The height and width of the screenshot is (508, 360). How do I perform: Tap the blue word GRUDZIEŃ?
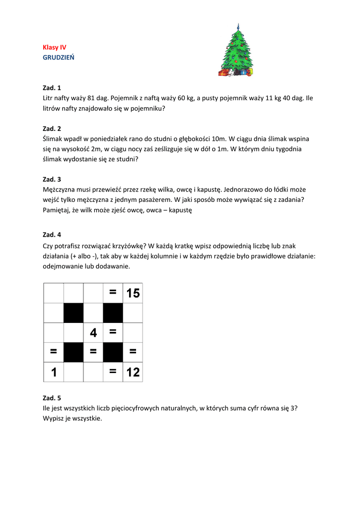pyautogui.click(x=59, y=58)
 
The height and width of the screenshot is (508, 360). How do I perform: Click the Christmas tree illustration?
pyautogui.click(x=236, y=51)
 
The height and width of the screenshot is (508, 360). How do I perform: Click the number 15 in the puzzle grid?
pyautogui.click(x=133, y=293)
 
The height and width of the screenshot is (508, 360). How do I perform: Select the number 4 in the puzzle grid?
pyautogui.click(x=93, y=333)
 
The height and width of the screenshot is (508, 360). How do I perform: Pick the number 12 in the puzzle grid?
pyautogui.click(x=133, y=372)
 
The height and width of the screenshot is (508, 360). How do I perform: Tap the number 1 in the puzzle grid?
pyautogui.click(x=54, y=372)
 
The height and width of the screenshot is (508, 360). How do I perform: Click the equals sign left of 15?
pyautogui.click(x=113, y=293)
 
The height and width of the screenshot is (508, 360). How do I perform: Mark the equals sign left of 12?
pyautogui.click(x=113, y=372)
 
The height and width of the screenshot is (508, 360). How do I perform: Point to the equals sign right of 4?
pyautogui.click(x=113, y=333)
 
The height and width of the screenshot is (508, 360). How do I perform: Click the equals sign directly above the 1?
pyautogui.click(x=54, y=352)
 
